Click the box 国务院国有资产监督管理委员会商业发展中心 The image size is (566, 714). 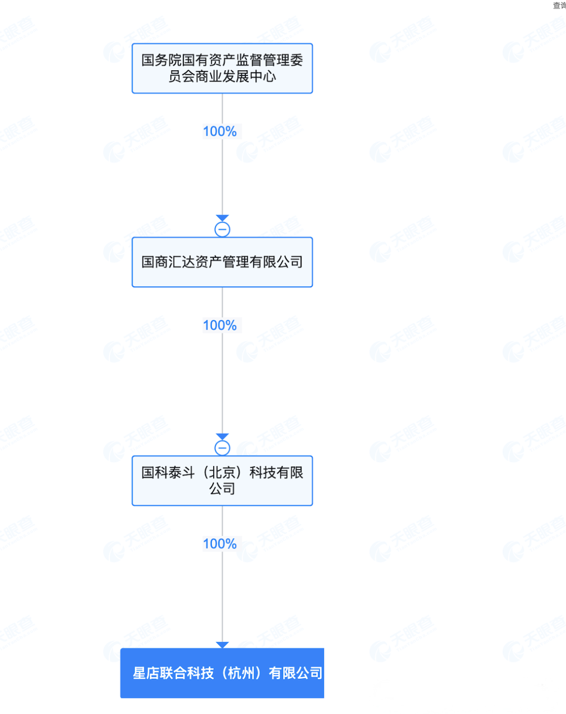pos(222,68)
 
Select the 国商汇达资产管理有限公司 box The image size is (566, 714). pos(222,262)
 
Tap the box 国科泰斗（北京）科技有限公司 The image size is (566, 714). pos(222,481)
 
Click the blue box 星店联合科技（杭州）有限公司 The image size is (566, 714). pos(222,673)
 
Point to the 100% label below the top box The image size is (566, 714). pos(220,132)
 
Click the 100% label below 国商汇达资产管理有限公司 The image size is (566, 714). pos(220,326)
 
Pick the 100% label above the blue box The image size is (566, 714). pos(220,544)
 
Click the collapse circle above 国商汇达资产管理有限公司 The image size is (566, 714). pos(222,230)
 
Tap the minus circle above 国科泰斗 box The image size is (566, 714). pos(222,448)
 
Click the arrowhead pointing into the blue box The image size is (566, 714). pos(222,645)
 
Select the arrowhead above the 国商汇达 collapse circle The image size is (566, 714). pos(222,218)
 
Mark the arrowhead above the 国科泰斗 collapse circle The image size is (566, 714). pos(222,436)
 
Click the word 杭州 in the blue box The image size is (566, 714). pos(242,673)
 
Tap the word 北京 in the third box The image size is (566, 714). pos(222,473)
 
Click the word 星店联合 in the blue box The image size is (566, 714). pos(159,673)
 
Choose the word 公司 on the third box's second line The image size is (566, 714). pos(222,489)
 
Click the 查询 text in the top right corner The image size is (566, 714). pos(559,6)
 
